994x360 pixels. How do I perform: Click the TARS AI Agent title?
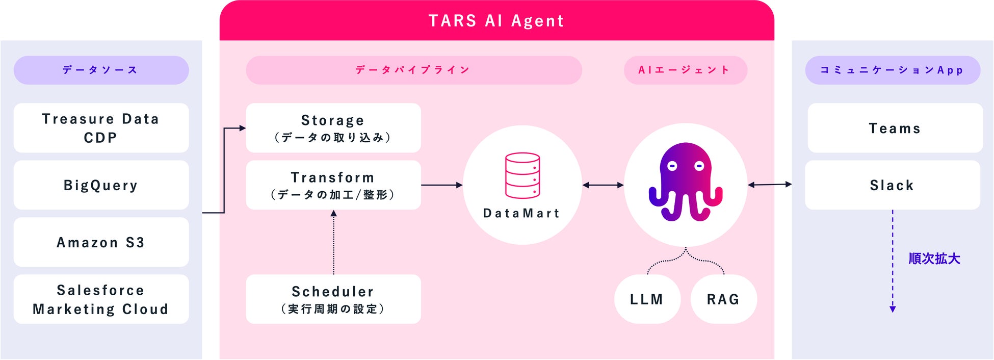[x=496, y=21]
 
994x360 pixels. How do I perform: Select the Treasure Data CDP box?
[x=101, y=128]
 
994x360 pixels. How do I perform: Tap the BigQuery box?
[x=101, y=185]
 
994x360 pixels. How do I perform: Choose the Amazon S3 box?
[x=101, y=242]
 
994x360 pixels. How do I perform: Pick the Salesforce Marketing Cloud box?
[x=101, y=299]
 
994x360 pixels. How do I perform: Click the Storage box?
[x=333, y=128]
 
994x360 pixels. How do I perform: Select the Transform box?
[x=333, y=185]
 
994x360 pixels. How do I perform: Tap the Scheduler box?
[x=333, y=299]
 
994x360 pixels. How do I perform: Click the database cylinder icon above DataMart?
[x=522, y=175]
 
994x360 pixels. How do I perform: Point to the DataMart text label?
[x=521, y=213]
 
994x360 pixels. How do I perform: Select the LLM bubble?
[x=647, y=299]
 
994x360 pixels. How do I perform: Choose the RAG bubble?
[x=723, y=299]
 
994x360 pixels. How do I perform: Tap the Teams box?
[x=895, y=128]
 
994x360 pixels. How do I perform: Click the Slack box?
[x=892, y=185]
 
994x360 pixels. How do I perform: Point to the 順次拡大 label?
[x=934, y=259]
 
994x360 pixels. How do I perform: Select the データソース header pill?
[x=101, y=70]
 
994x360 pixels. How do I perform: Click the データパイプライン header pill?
[x=413, y=70]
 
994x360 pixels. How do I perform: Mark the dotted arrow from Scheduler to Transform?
[x=333, y=242]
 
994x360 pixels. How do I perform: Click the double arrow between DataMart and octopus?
[x=603, y=185]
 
